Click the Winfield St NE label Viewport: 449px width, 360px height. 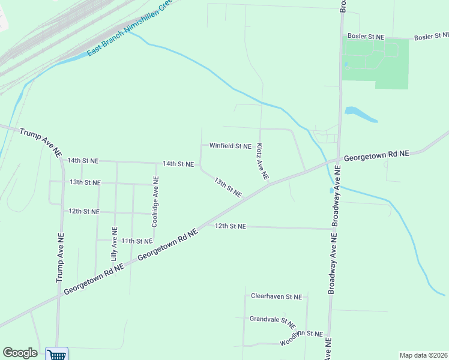[230, 146]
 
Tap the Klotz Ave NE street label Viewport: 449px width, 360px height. [262, 161]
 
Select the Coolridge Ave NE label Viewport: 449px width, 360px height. [155, 201]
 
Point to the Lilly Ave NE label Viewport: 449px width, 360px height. [114, 242]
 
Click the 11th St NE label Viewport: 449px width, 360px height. [137, 241]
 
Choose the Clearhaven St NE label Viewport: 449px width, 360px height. [276, 296]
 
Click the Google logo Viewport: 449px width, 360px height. [20, 353]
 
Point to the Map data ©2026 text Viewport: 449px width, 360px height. [423, 355]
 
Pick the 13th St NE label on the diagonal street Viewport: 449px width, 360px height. [228, 188]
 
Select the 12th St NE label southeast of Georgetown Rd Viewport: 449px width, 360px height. [231, 226]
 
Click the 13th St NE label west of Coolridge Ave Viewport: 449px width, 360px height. [85, 182]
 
